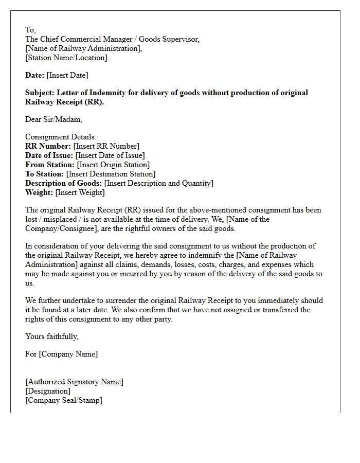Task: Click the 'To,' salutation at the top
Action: tap(30, 30)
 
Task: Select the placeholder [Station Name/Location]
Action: tap(67, 58)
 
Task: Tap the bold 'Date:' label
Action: tap(35, 75)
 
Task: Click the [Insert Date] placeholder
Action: tap(67, 75)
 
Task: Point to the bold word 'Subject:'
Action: tap(40, 93)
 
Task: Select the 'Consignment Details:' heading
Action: tap(61, 137)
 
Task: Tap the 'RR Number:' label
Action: tap(48, 146)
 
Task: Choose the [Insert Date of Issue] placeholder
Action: tap(110, 155)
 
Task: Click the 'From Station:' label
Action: tap(50, 165)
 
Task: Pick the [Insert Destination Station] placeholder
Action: tap(111, 174)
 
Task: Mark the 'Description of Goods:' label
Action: tap(64, 183)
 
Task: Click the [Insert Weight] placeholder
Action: tap(80, 192)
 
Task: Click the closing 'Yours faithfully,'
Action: tap(52, 336)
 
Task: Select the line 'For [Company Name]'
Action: tap(61, 354)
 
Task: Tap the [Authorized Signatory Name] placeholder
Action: tap(74, 382)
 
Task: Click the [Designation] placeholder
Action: tap(48, 391)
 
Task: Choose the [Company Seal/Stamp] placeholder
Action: tap(64, 400)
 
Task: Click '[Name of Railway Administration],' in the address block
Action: tap(84, 48)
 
